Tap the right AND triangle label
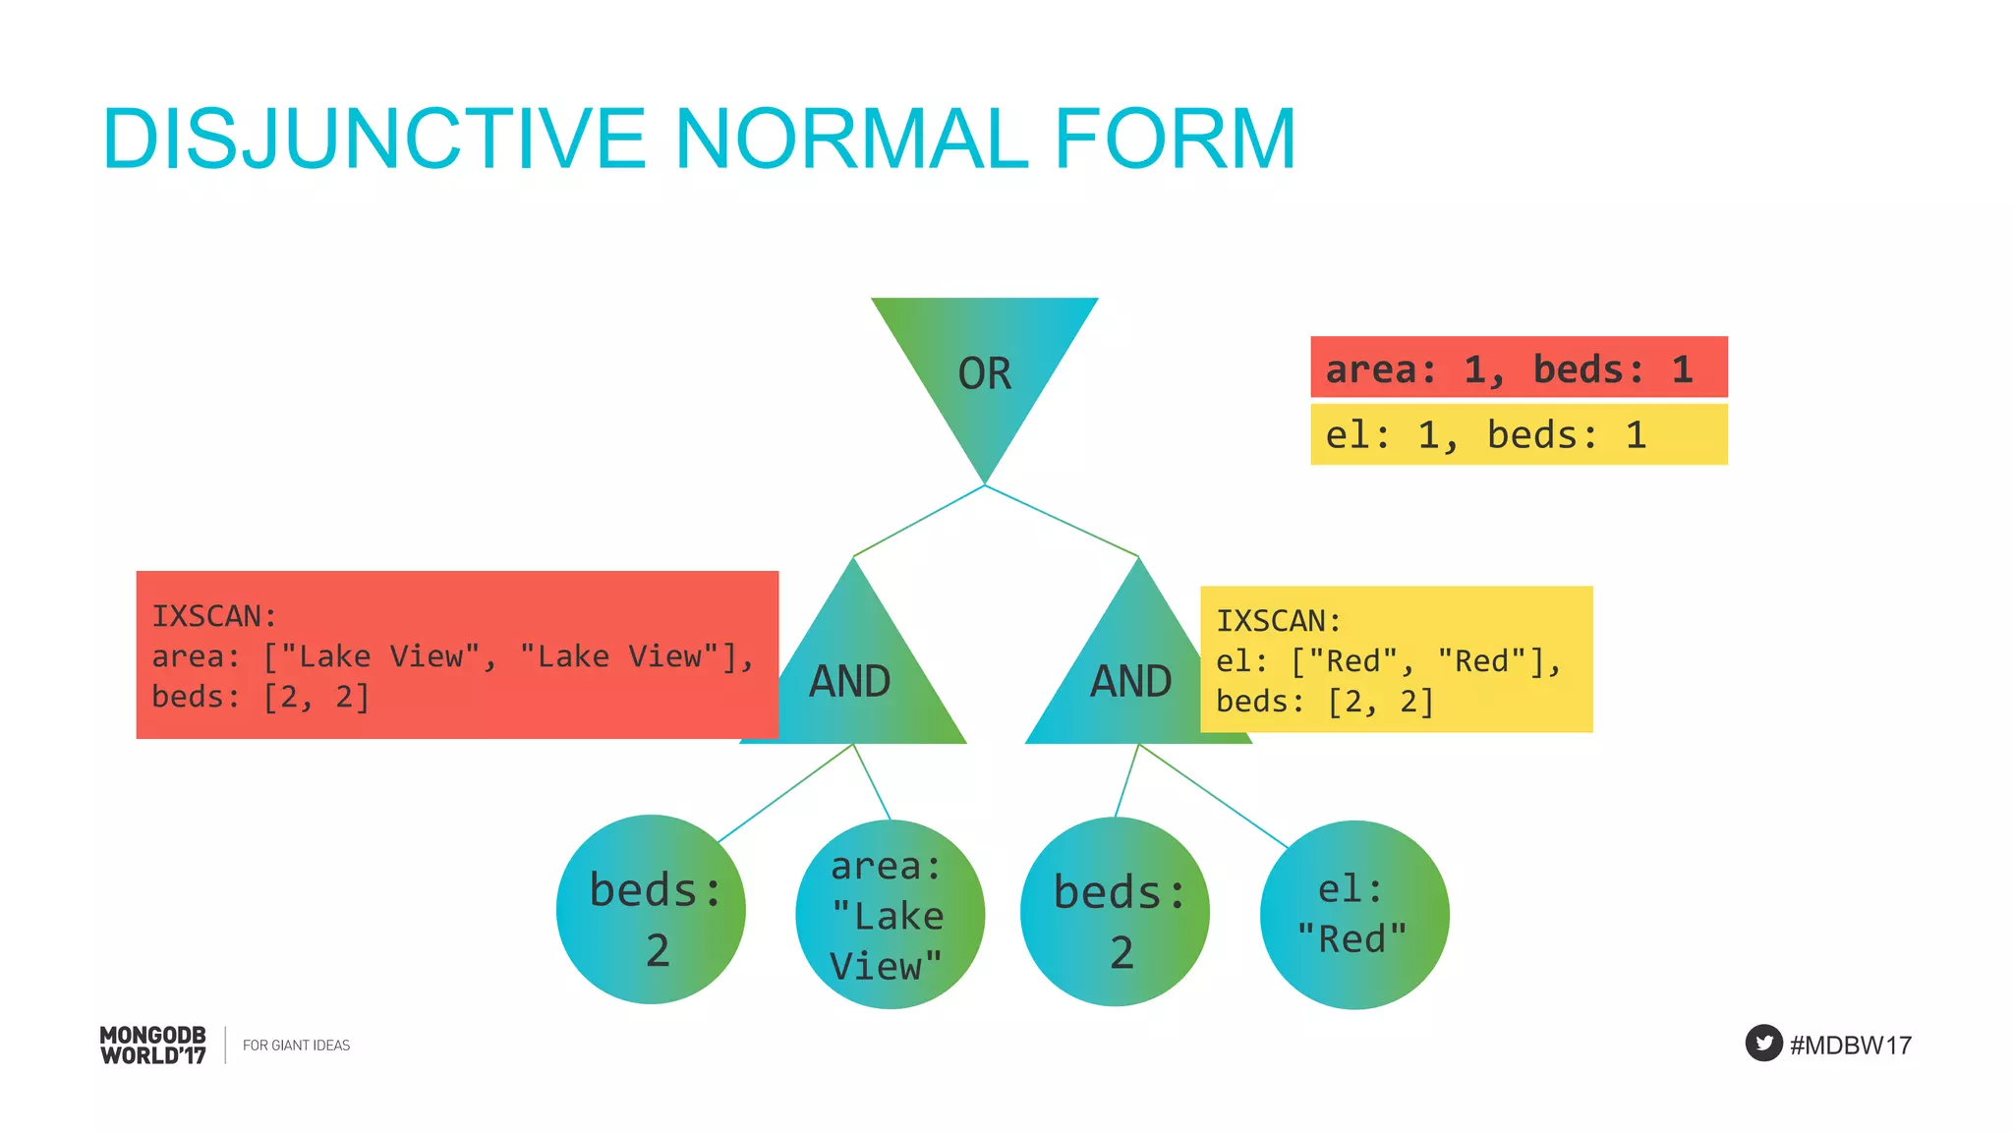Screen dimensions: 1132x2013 click(x=1130, y=681)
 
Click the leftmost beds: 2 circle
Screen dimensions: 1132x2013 click(x=651, y=909)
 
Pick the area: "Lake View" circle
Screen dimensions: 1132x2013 click(x=890, y=915)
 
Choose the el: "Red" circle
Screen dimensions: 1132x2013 click(x=1353, y=915)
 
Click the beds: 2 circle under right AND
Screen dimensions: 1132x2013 click(x=1115, y=911)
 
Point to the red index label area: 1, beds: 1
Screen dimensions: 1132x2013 click(x=1518, y=368)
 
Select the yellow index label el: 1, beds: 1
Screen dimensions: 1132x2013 click(x=1518, y=434)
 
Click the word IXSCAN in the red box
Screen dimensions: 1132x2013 click(x=213, y=616)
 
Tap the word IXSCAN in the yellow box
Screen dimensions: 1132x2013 click(x=1278, y=621)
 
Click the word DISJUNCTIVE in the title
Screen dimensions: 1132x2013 click(x=374, y=139)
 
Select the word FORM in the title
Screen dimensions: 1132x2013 click(x=1175, y=139)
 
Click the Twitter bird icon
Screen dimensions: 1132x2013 click(x=1763, y=1043)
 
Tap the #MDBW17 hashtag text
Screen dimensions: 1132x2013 click(x=1850, y=1045)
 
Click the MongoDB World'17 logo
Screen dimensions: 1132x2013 click(x=153, y=1045)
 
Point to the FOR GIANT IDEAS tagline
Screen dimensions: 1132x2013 click(x=296, y=1046)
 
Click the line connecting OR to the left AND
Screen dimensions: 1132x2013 click(x=919, y=521)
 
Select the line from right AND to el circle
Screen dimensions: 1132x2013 click(x=1213, y=796)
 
